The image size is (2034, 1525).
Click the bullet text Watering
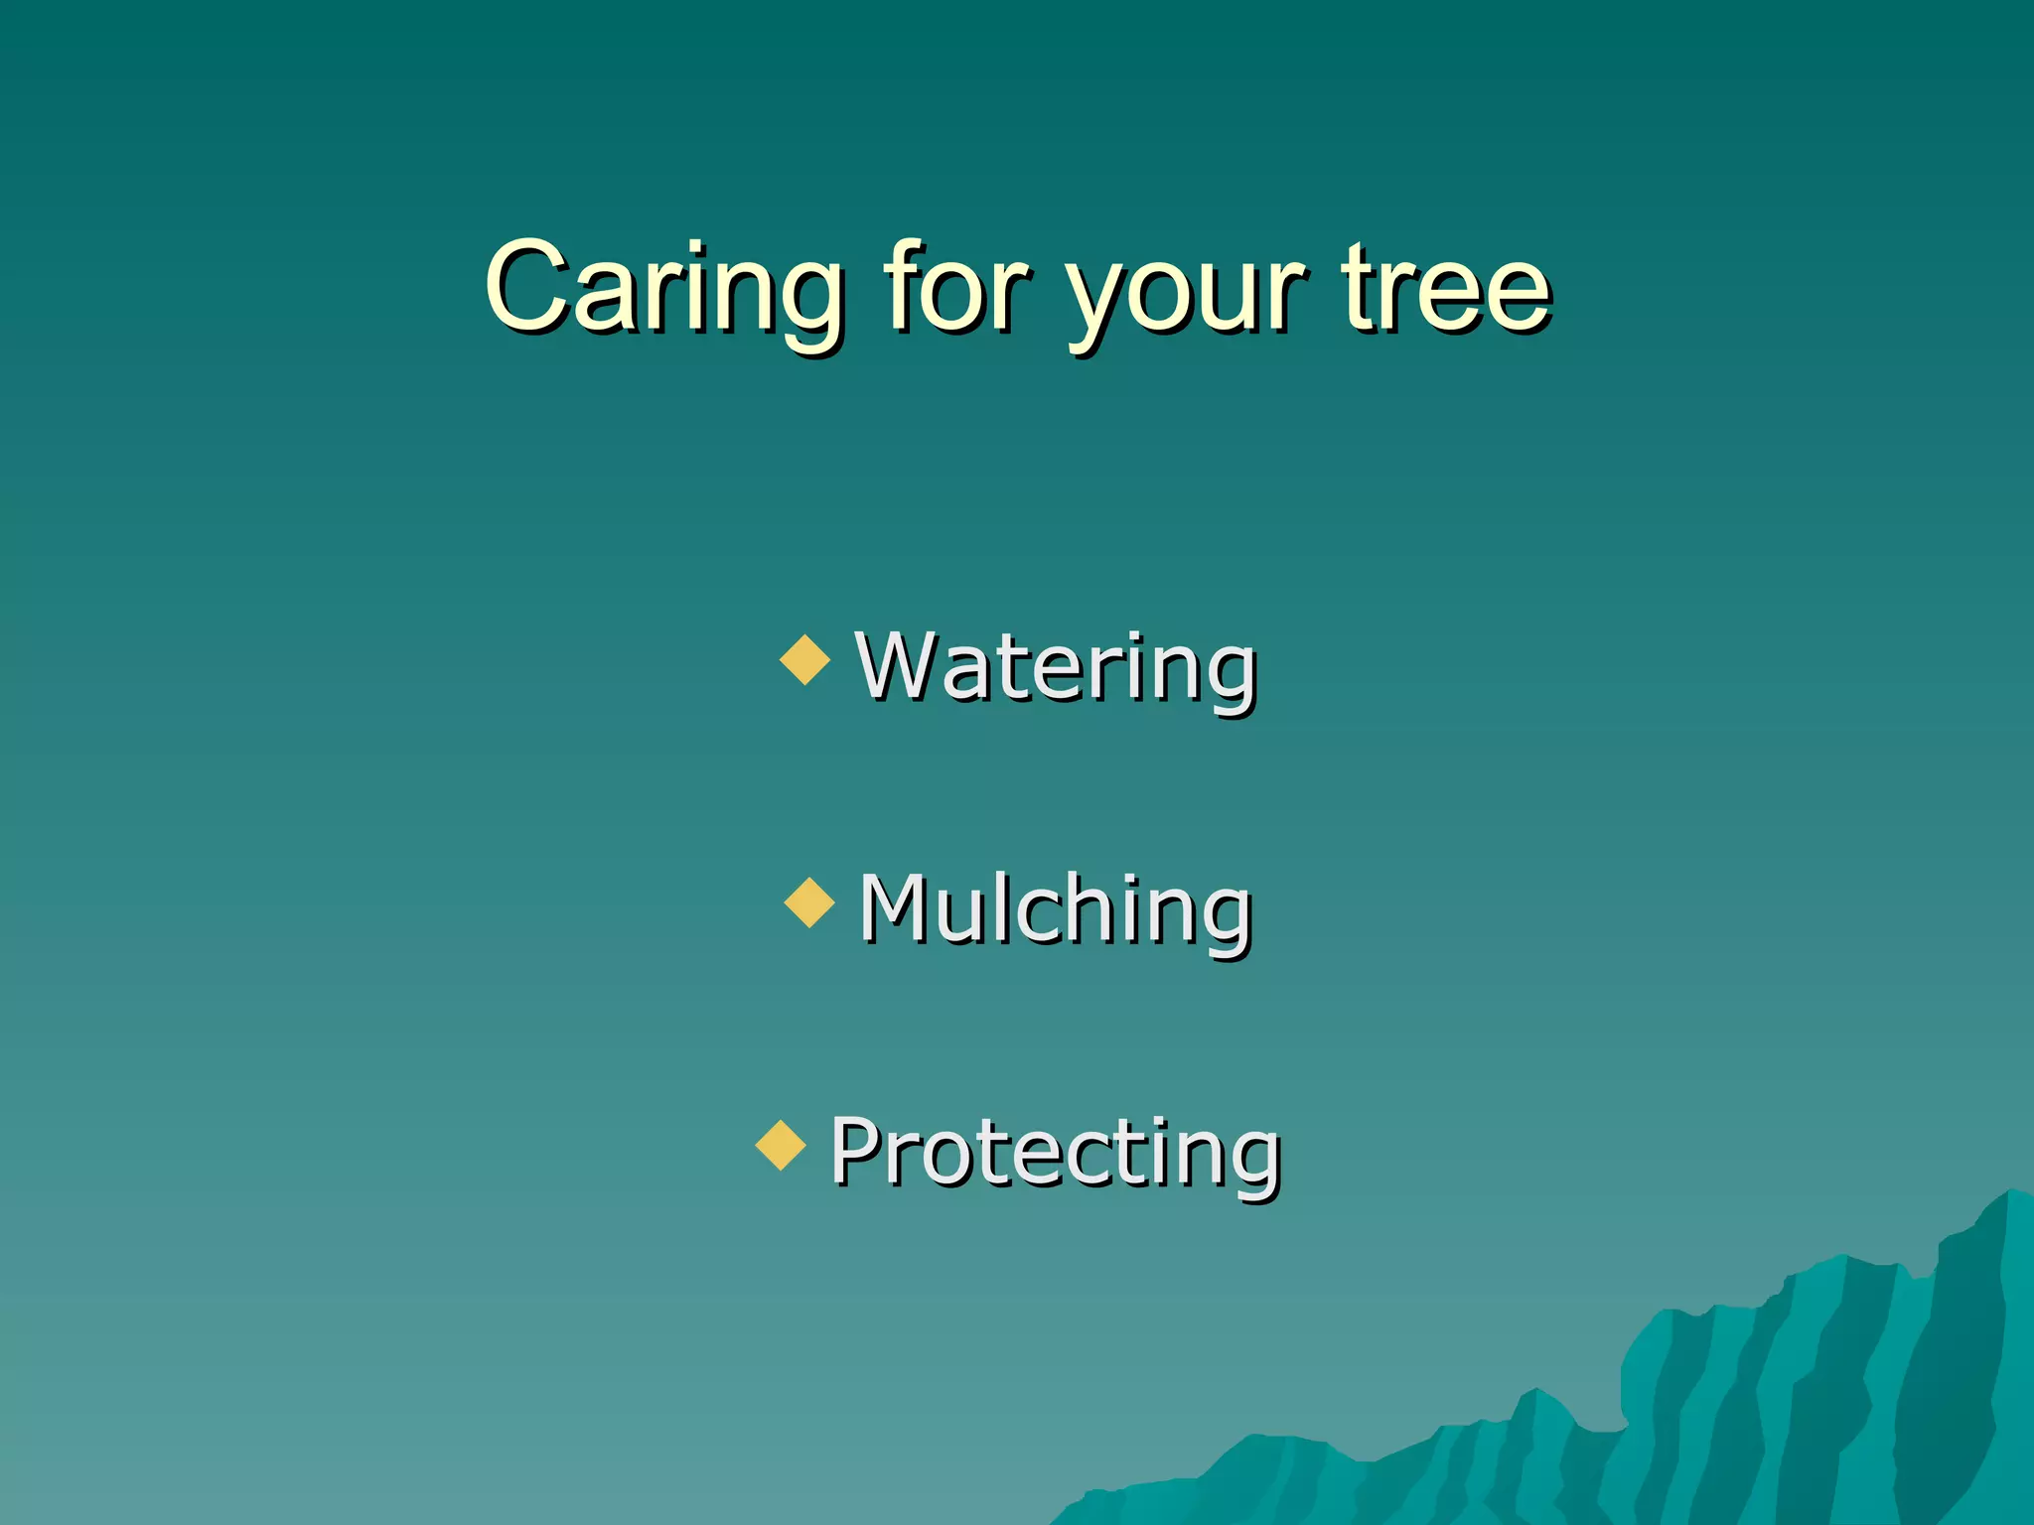tap(1057, 666)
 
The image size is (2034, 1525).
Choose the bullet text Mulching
tap(1055, 908)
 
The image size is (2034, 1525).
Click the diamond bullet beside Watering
tap(804, 660)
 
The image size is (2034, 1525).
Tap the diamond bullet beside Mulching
tap(809, 902)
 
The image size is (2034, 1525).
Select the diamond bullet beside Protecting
tap(781, 1145)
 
